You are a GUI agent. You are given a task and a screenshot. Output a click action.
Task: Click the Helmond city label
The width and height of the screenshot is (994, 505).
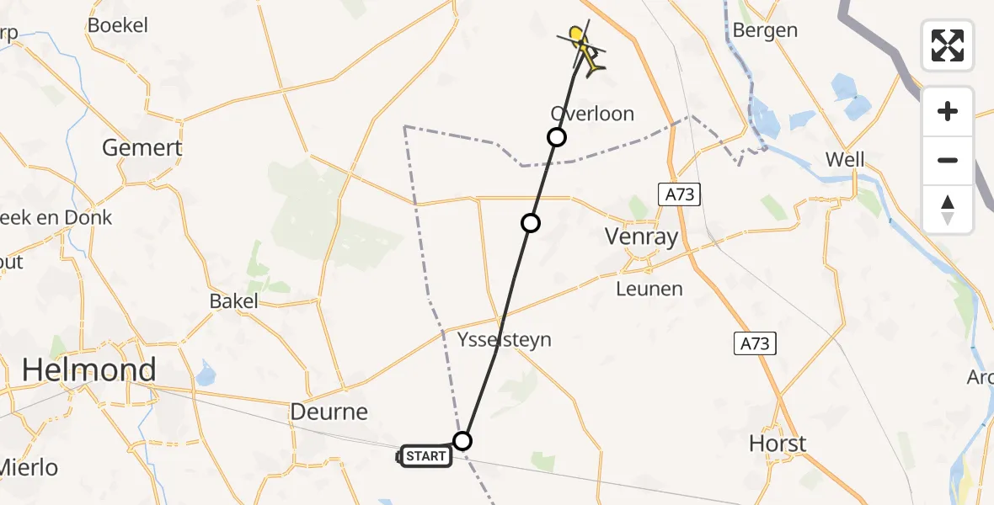pos(88,369)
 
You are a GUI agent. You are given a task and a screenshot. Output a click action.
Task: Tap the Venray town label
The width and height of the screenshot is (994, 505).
pos(642,237)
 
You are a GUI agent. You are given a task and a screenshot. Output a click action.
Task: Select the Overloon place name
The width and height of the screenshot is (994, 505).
pos(592,114)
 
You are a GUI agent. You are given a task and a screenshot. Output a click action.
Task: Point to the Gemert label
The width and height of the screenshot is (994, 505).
pos(142,148)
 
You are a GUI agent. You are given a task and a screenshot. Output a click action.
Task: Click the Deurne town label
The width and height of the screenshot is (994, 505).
pos(329,412)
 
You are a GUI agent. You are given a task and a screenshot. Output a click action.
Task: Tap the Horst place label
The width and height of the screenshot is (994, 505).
pos(778,444)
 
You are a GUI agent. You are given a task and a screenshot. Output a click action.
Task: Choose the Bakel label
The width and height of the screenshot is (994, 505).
pos(234,301)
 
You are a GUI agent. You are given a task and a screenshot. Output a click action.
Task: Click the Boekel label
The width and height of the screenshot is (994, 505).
pos(118,25)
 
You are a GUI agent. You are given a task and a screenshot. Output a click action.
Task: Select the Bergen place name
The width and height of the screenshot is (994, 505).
pos(765,30)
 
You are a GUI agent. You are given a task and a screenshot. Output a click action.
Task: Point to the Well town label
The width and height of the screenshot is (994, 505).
pos(845,159)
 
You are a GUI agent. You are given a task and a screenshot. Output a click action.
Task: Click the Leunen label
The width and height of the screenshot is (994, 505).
pos(649,289)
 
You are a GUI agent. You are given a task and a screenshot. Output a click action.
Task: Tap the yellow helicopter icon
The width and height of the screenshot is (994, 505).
pos(583,47)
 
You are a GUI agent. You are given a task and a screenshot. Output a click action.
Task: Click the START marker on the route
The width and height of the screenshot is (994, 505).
pos(425,456)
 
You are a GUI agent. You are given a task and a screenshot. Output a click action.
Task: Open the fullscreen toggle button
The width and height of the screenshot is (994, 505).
pos(948,45)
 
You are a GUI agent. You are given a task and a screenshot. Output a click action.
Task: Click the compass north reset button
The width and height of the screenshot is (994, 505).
pos(948,210)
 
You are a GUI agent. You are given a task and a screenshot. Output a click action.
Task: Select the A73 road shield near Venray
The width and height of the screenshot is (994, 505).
pos(678,195)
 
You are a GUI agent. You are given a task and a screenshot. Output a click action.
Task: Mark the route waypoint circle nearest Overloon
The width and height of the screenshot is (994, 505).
pos(556,137)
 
